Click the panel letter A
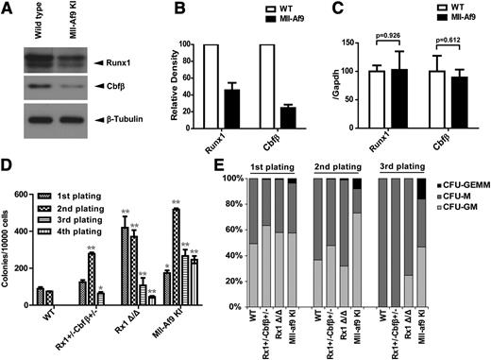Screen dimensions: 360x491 (8, 9)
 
